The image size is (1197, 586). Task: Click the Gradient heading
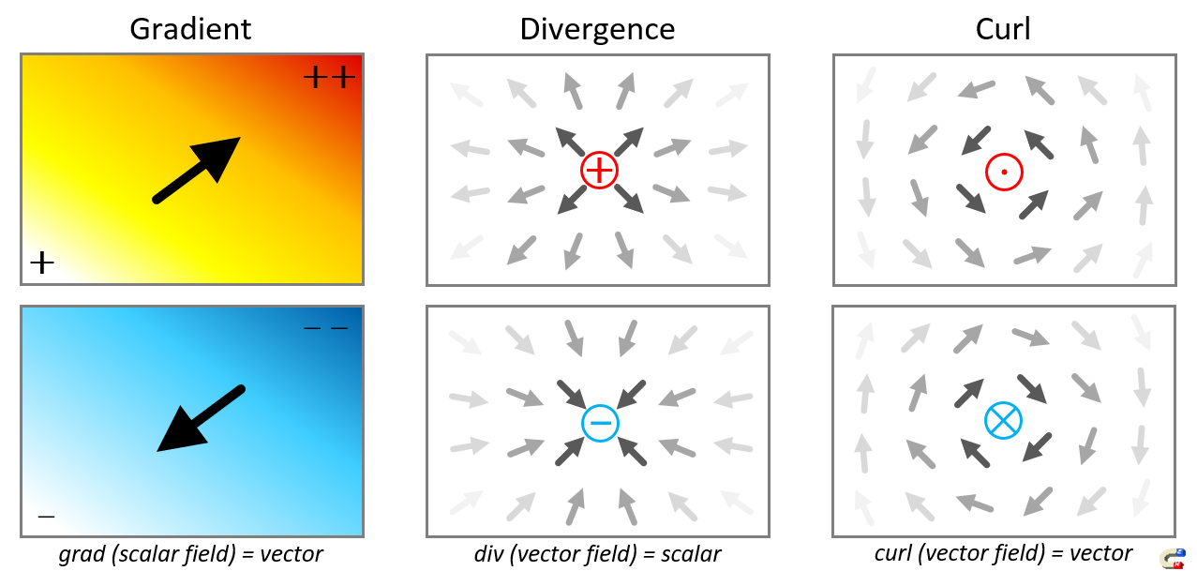coord(190,28)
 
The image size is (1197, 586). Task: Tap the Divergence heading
coord(597,28)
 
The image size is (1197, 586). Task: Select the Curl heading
coord(1002,28)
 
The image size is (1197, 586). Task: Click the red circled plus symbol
coord(599,170)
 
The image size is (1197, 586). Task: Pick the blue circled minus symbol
coord(600,423)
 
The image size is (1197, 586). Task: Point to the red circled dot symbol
coord(1003,172)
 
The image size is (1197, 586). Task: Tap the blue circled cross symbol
coord(1003,421)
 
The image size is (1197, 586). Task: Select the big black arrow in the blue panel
coord(200,419)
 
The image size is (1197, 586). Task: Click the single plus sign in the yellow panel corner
coord(42,263)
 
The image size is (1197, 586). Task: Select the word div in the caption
coord(488,554)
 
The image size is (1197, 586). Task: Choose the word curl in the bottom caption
coord(893,553)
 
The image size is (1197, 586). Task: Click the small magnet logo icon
coord(1173,559)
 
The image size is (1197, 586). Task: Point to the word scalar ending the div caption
coord(692,554)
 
